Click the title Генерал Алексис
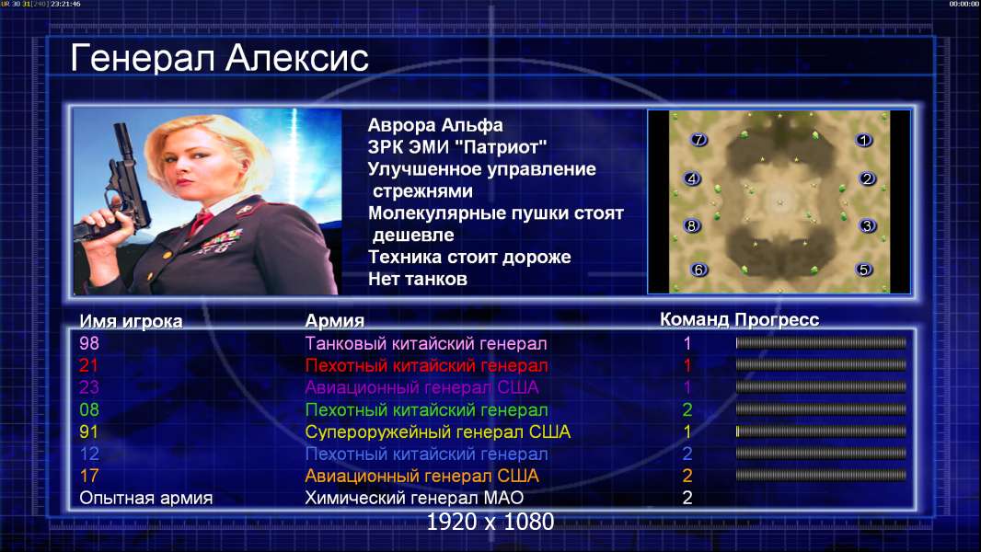tap(219, 58)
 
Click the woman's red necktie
tap(202, 221)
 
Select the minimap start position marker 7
tap(698, 140)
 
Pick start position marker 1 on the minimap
tap(864, 140)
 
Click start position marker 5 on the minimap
tap(864, 270)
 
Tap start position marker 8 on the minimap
tap(691, 225)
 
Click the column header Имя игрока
tap(131, 321)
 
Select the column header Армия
tap(335, 321)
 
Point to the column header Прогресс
tap(777, 319)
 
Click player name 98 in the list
tap(89, 343)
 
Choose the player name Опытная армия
tap(145, 498)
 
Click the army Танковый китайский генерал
tap(425, 343)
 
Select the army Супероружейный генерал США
tap(437, 432)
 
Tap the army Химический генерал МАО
tap(414, 498)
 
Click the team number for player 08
tap(687, 409)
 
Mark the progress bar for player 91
tap(821, 431)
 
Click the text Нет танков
tap(417, 279)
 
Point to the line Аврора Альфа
tap(434, 125)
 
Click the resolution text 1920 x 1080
tap(490, 522)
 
